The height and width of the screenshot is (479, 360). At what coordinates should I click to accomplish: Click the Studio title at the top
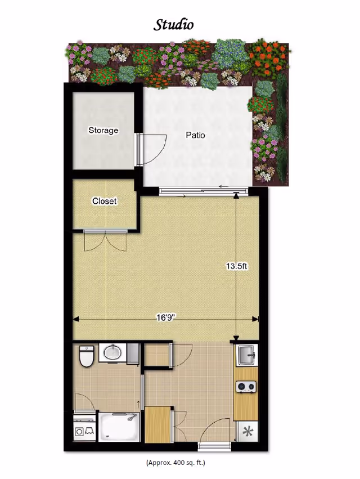click(x=173, y=24)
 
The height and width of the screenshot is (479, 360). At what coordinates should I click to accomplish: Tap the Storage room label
click(x=103, y=131)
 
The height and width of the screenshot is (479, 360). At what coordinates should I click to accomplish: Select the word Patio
click(x=195, y=135)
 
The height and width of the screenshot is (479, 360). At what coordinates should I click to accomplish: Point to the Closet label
click(x=105, y=201)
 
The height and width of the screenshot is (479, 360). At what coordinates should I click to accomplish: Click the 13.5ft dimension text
click(x=237, y=266)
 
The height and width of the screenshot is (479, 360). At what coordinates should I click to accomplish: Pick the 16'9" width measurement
click(x=165, y=317)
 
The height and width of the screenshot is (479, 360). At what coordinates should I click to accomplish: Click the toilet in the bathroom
click(x=86, y=356)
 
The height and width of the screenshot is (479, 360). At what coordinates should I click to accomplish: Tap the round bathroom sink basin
click(x=112, y=353)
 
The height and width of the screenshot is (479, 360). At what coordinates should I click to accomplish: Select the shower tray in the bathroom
click(x=119, y=427)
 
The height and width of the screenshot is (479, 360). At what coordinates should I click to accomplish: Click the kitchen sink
click(x=247, y=355)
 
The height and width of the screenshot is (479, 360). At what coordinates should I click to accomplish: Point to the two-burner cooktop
click(x=246, y=387)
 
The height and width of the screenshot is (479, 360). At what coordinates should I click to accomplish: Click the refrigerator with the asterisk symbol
click(x=247, y=432)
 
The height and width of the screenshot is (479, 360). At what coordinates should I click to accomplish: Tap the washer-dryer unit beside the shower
click(x=84, y=428)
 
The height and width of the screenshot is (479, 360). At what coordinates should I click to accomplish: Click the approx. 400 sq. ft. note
click(x=175, y=463)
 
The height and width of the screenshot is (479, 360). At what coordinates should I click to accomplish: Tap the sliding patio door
click(x=203, y=191)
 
